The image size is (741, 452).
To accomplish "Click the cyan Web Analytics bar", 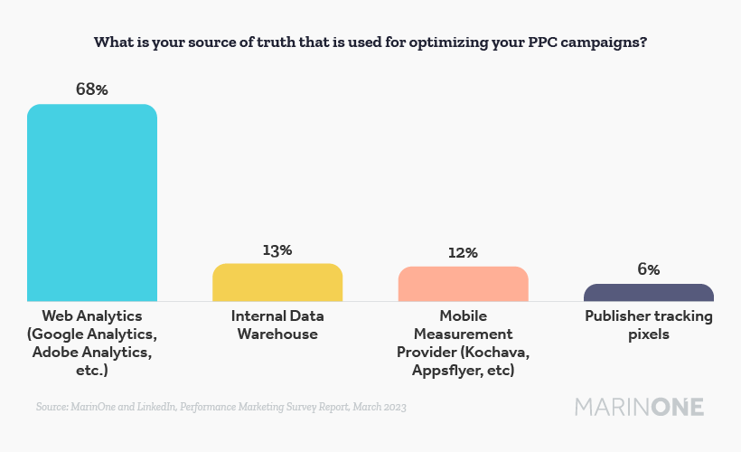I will click(92, 202).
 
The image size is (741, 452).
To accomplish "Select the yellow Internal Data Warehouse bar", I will click(277, 282).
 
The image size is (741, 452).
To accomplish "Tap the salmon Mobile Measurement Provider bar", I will click(463, 284).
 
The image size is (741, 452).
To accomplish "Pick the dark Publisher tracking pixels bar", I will click(648, 292).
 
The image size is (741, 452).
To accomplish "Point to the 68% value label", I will click(92, 90).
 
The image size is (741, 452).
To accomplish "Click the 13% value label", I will click(277, 250).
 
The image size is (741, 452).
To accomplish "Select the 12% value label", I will click(463, 253).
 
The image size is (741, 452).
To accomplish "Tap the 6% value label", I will click(648, 269).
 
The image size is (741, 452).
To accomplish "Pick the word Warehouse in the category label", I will click(277, 334).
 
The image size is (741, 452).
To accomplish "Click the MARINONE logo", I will click(639, 407).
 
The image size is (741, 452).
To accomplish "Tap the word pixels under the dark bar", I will click(648, 334).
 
